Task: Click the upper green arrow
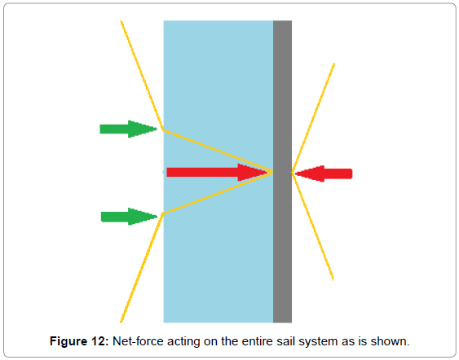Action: coord(129,129)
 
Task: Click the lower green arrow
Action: coord(129,217)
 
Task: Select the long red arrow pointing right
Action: coord(218,172)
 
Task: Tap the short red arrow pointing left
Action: coord(324,173)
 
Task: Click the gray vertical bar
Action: coord(282,172)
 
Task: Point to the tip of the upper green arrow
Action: coord(157,129)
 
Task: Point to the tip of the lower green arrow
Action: coord(157,217)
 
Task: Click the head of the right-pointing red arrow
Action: coord(254,172)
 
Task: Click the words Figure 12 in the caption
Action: coord(79,341)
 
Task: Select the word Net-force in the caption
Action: coord(138,341)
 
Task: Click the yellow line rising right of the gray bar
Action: coord(313,117)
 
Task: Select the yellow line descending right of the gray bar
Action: coord(312,226)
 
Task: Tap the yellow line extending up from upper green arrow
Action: coord(142,76)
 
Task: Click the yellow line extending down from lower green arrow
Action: coord(142,268)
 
